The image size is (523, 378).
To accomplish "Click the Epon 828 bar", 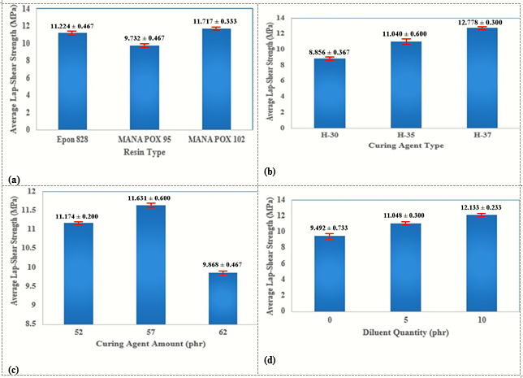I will [72, 81].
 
